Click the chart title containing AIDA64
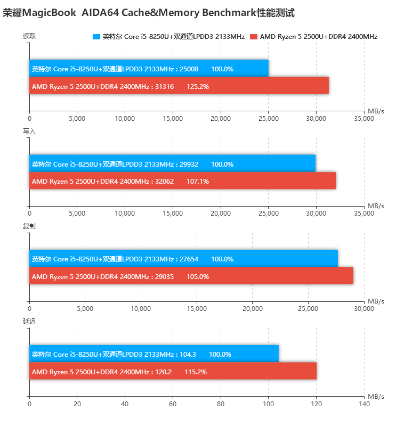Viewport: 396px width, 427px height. (x=149, y=13)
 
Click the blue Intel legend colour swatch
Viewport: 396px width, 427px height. (x=96, y=37)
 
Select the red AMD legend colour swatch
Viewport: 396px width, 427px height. (x=254, y=37)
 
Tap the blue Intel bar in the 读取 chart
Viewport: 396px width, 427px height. (x=149, y=69)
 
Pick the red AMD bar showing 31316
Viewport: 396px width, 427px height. (x=179, y=86)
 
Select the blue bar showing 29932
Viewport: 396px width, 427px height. (x=172, y=164)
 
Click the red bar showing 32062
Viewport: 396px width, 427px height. (x=182, y=181)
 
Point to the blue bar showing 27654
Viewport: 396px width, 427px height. (x=183, y=259)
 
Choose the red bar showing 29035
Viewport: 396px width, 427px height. (x=191, y=276)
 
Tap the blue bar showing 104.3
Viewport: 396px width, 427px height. (x=153, y=354)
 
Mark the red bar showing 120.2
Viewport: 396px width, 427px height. (x=173, y=372)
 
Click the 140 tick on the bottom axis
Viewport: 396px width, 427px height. (x=364, y=404)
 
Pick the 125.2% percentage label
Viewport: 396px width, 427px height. (x=198, y=86)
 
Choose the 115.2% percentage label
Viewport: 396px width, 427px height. (x=196, y=372)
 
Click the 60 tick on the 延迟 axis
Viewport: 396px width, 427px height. (x=173, y=404)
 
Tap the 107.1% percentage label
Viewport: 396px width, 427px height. (x=198, y=182)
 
